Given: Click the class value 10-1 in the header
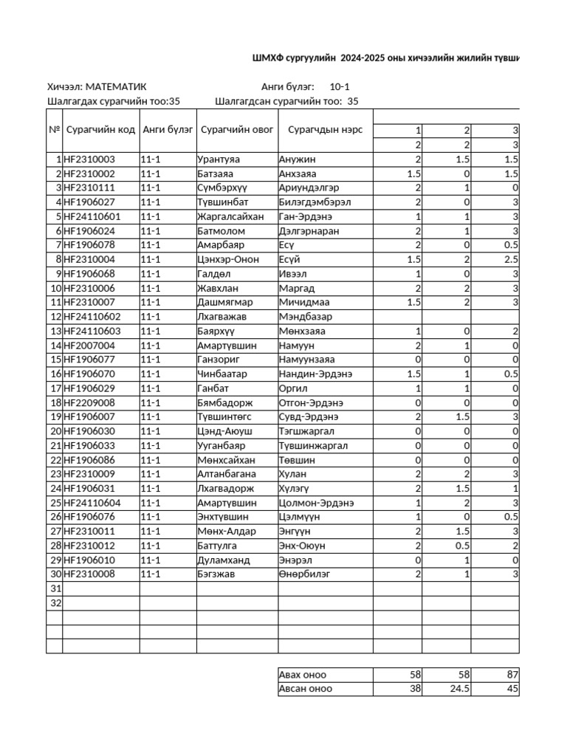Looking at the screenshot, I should coord(340,87).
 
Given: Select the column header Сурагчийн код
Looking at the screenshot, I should coord(101,130).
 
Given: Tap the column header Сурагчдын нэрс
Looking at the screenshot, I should coord(325,130).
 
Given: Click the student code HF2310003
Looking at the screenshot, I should coord(89,159).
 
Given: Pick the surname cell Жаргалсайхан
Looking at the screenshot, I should coord(230,216).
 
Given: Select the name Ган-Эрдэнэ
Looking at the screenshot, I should coord(306,216).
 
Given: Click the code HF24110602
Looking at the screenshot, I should coord(92,317).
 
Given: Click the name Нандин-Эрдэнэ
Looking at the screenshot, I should coord(315,374).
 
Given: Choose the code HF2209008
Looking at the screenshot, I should coord(89,402).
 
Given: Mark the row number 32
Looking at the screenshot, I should coord(55,603).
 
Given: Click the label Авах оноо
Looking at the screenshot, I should coord(303,675).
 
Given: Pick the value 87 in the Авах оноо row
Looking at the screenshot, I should coord(512,675).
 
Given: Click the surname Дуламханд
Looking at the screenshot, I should coord(223,560).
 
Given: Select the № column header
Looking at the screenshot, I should coord(55,130).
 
